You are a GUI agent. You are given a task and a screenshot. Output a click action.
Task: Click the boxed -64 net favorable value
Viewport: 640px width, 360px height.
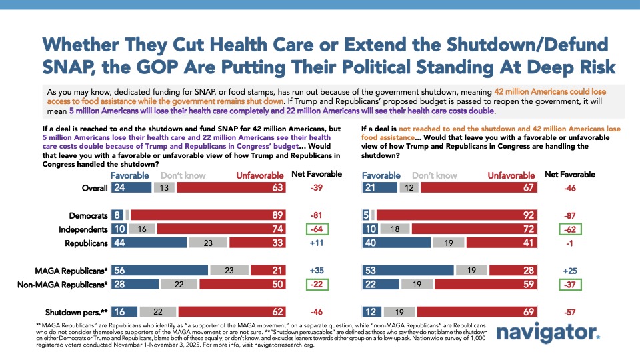coord(317,230)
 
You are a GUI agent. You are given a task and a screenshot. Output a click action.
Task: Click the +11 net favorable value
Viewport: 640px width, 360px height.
coord(317,244)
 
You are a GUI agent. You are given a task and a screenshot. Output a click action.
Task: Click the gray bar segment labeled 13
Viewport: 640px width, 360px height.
coord(165,188)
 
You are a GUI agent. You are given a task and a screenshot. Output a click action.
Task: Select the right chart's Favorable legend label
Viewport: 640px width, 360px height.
coord(381,175)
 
